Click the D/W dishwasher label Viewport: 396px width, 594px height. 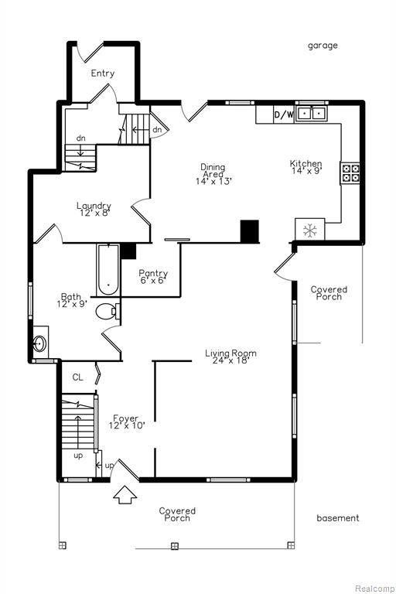283,114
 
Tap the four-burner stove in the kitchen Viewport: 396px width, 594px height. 350,173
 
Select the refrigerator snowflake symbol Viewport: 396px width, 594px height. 310,230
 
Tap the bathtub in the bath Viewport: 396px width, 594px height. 108,270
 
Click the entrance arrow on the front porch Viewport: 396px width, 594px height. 125,495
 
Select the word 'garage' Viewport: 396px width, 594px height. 323,46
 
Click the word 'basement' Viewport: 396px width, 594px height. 338,518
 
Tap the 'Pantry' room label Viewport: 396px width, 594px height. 153,273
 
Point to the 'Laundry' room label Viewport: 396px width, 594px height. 94,206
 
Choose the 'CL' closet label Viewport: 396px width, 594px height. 77,377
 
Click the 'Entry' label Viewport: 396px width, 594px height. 103,73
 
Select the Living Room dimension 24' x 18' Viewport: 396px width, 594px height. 230,360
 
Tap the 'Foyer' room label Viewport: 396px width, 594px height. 126,418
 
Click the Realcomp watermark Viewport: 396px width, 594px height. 374,589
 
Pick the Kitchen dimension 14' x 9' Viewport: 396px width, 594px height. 306,170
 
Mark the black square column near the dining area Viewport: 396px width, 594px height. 250,230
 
